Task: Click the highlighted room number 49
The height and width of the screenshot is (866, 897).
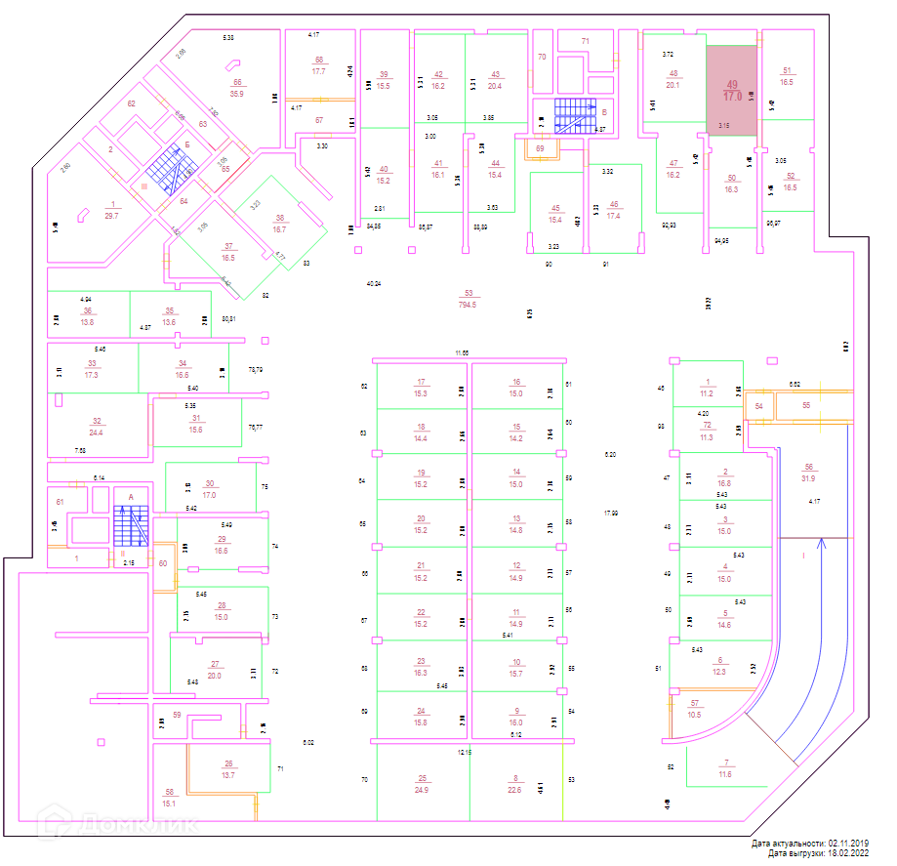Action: click(732, 85)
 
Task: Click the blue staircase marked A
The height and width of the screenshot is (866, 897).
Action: click(130, 528)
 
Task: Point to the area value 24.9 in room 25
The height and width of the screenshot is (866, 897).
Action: click(422, 789)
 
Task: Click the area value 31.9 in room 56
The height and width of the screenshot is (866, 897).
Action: click(808, 478)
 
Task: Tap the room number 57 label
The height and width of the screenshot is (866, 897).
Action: click(696, 704)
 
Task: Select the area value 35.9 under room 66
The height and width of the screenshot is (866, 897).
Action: click(236, 94)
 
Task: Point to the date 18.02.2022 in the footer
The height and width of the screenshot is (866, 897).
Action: click(847, 853)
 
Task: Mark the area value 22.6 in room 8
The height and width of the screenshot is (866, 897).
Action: click(515, 789)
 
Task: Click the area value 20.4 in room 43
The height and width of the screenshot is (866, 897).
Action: click(495, 86)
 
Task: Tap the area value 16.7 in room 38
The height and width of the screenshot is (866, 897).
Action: click(279, 228)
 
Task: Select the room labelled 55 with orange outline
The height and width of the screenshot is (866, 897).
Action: click(806, 404)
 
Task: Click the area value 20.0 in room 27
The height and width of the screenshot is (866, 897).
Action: click(215, 675)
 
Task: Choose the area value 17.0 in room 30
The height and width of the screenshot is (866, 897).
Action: click(209, 495)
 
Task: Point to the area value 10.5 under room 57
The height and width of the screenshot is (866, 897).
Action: click(695, 715)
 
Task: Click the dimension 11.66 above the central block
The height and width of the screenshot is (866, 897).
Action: click(463, 351)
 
